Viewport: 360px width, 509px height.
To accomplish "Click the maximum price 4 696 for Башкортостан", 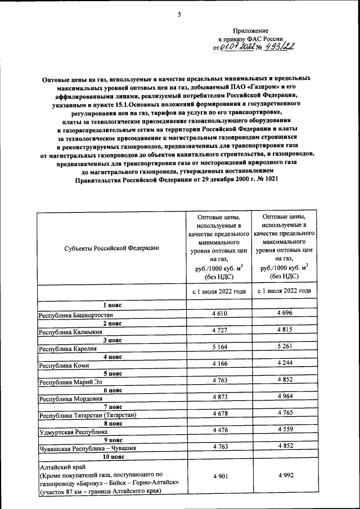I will (285, 312).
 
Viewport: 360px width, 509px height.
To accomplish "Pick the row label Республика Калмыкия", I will (70, 332).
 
